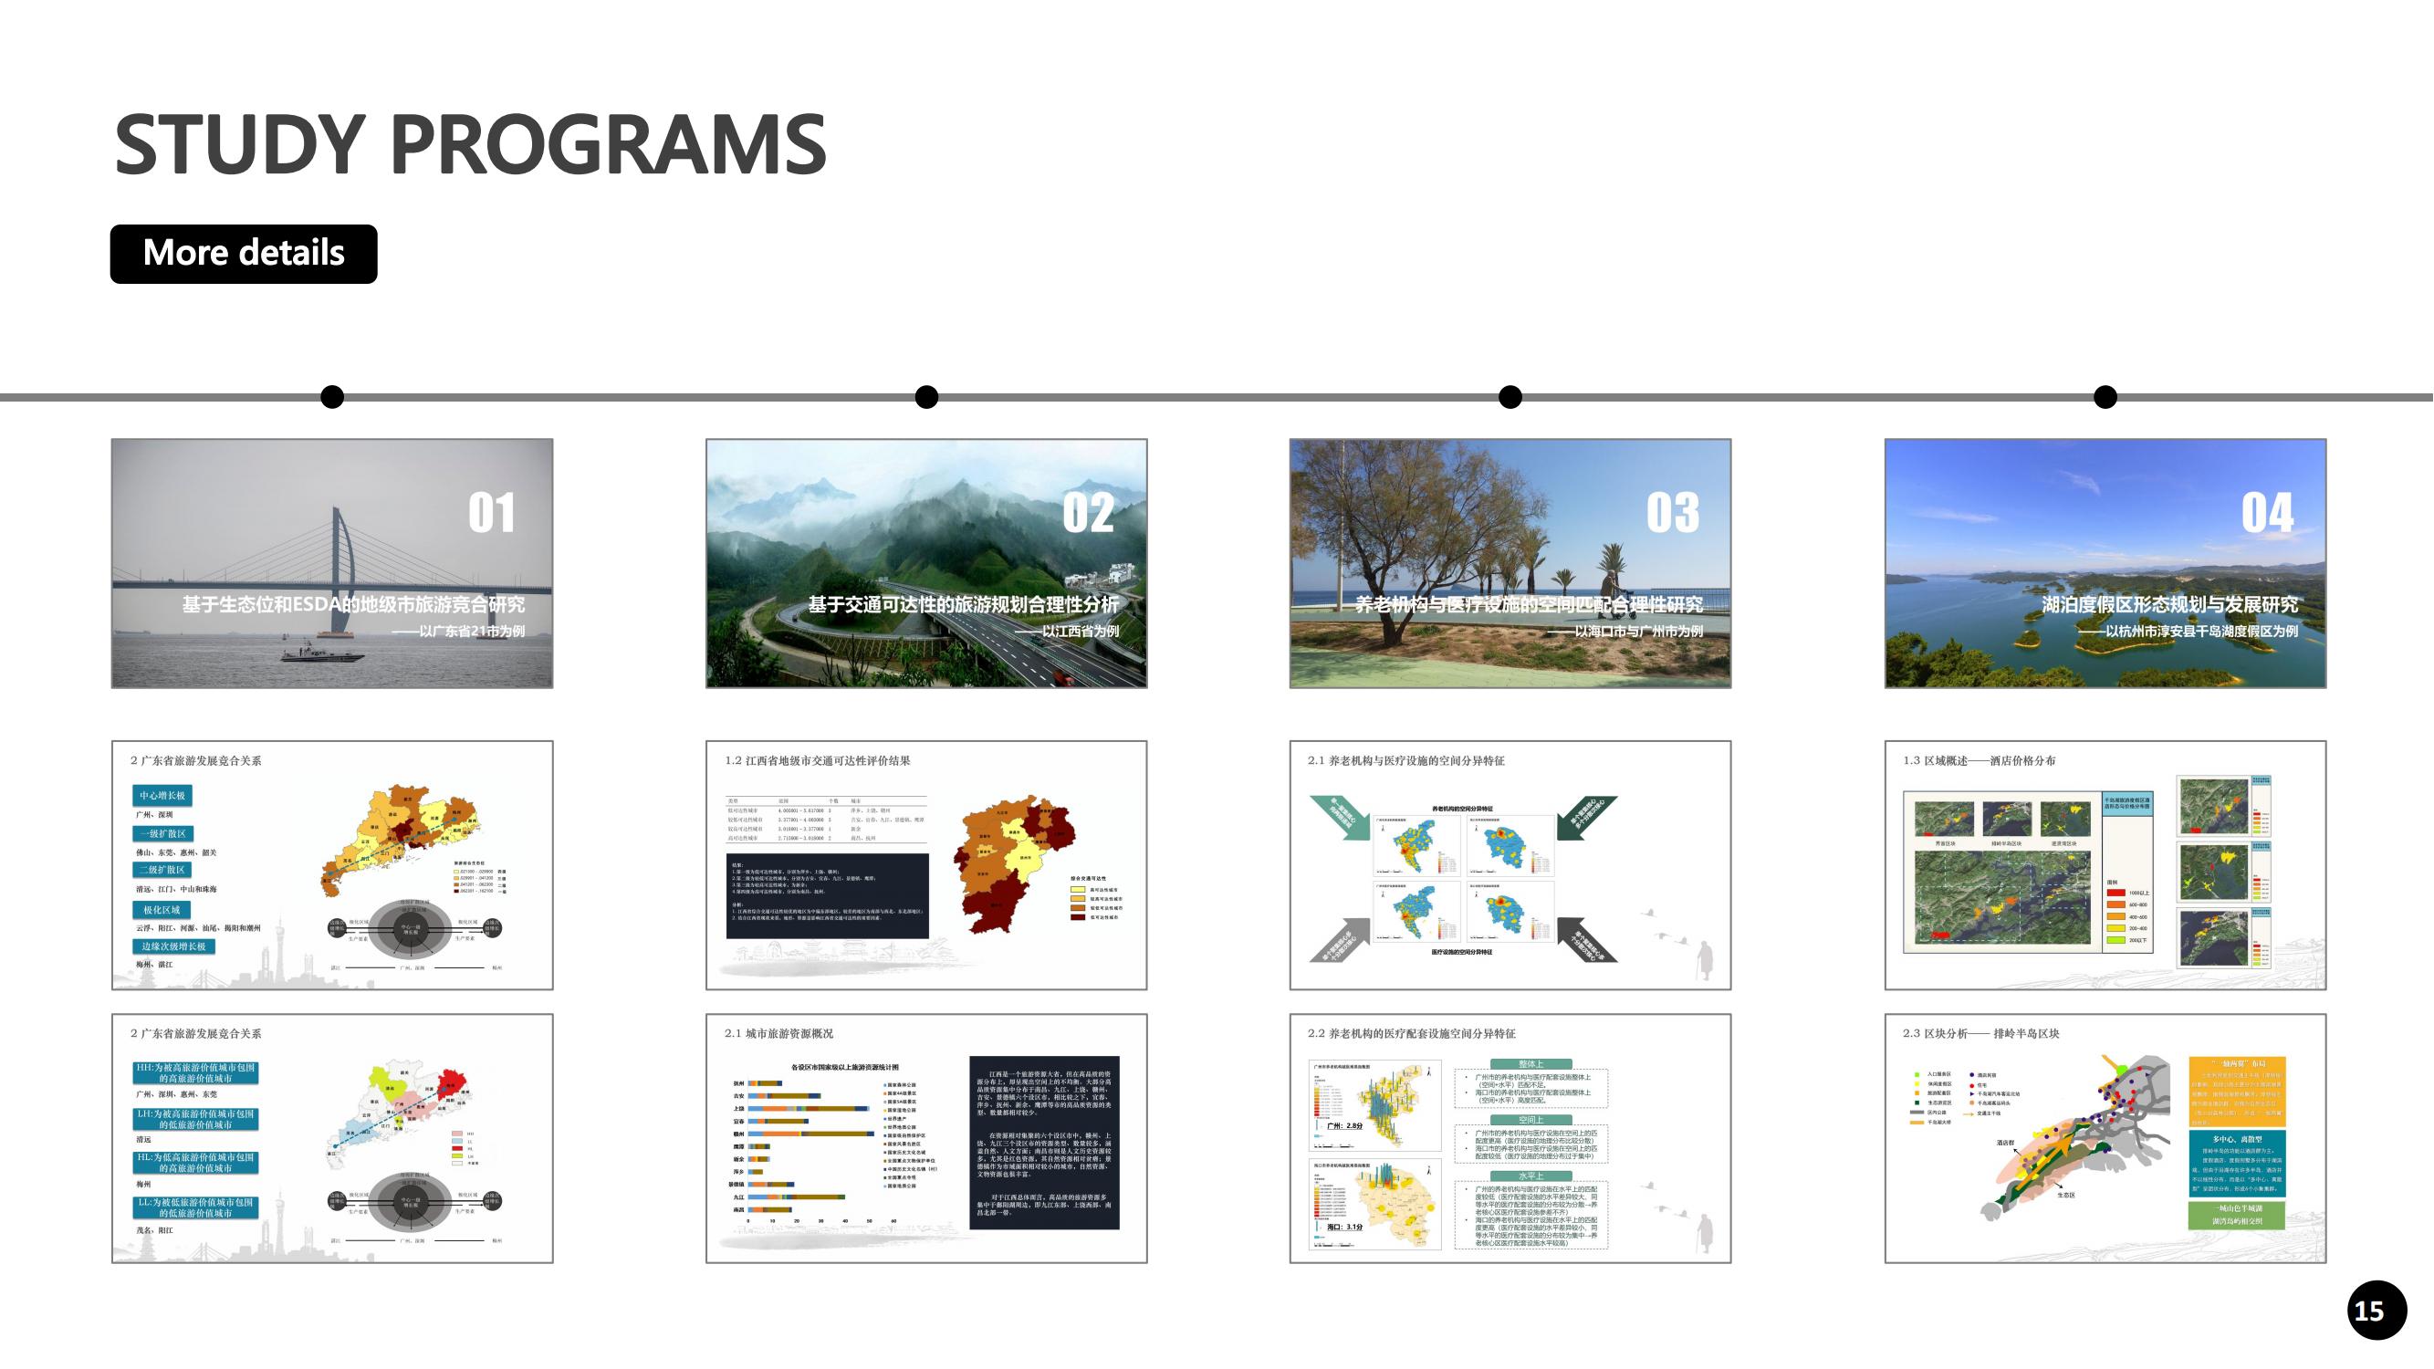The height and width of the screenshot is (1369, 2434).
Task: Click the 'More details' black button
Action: click(244, 253)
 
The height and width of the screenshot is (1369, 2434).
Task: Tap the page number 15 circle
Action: click(2377, 1311)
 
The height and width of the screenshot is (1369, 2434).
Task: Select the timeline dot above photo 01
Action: click(332, 397)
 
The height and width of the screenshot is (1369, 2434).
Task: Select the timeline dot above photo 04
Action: click(2105, 397)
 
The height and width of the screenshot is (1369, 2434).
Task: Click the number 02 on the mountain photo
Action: click(1088, 513)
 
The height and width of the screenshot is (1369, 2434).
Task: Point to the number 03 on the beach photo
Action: click(1673, 513)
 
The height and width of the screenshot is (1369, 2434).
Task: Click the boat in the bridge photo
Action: click(321, 651)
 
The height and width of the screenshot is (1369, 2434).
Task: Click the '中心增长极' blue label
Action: click(163, 796)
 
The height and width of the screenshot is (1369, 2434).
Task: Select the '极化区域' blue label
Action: click(162, 910)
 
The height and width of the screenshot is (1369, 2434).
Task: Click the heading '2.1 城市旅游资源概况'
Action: click(778, 1034)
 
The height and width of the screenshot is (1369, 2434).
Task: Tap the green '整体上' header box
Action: click(1530, 1064)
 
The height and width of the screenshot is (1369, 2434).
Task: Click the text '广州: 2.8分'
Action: click(1344, 1126)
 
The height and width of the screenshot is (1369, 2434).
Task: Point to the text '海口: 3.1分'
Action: click(1344, 1228)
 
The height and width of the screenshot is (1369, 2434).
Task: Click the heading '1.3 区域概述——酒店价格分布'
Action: click(1979, 760)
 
